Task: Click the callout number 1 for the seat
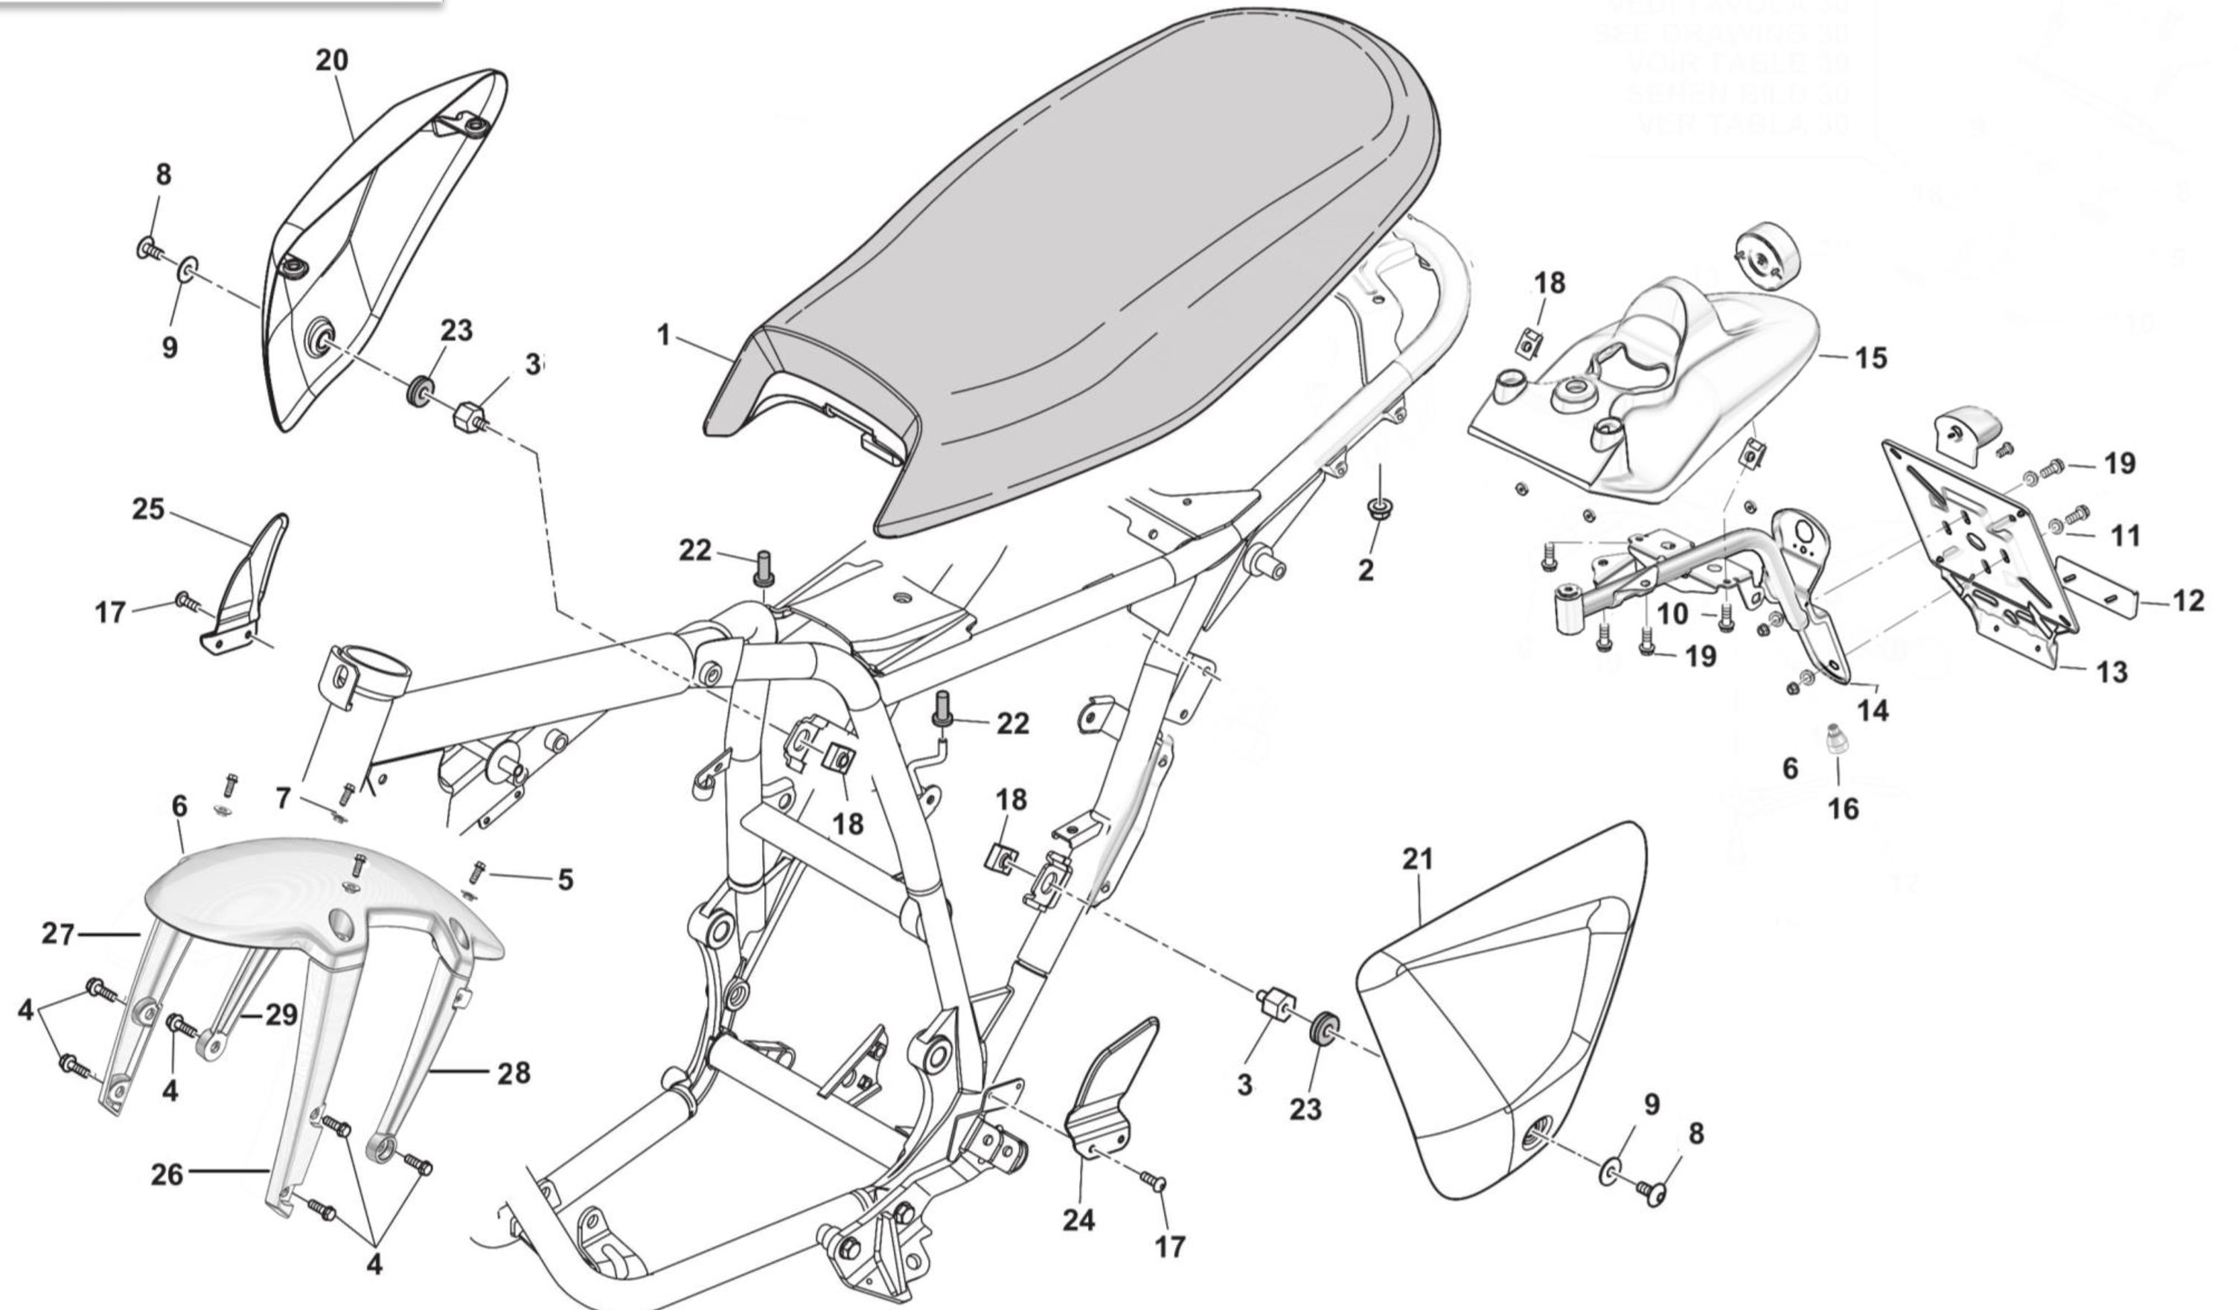pyautogui.click(x=662, y=336)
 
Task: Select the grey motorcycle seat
pyautogui.click(x=1110, y=266)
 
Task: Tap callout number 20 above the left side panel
pyautogui.click(x=332, y=60)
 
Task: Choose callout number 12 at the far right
pyautogui.click(x=2189, y=601)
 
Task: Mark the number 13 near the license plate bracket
pyautogui.click(x=2112, y=672)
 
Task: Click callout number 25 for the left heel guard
pyautogui.click(x=148, y=509)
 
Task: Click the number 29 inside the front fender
pyautogui.click(x=281, y=1015)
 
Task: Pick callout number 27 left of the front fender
pyautogui.click(x=59, y=934)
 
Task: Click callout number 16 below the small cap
pyautogui.click(x=1844, y=809)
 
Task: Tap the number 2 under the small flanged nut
pyautogui.click(x=1366, y=569)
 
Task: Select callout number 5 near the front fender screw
pyautogui.click(x=566, y=879)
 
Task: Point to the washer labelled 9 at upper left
pyautogui.click(x=190, y=267)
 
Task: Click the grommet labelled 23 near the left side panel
pyautogui.click(x=420, y=391)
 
